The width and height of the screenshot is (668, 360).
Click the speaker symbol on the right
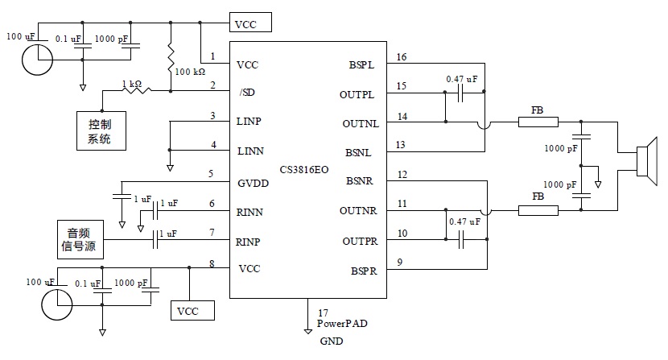(x=642, y=161)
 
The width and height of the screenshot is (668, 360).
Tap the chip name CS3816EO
(x=304, y=169)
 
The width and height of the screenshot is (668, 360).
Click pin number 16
(x=402, y=56)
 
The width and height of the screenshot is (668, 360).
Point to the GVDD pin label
(x=253, y=183)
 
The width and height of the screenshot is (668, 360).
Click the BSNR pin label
(x=365, y=180)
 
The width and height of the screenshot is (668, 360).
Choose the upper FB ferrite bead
(x=538, y=122)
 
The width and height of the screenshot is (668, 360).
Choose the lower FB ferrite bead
(x=538, y=210)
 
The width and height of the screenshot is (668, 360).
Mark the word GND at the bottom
(x=332, y=341)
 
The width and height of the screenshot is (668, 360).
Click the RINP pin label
(x=249, y=240)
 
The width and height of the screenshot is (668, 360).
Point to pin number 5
(x=211, y=174)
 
